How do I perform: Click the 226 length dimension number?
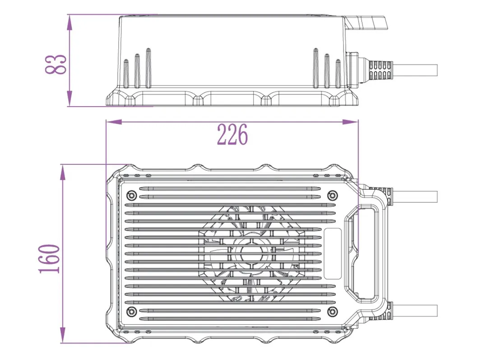[232, 135]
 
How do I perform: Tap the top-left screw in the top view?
[132, 195]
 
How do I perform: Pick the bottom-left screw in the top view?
[132, 311]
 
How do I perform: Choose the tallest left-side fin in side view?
[148, 68]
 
